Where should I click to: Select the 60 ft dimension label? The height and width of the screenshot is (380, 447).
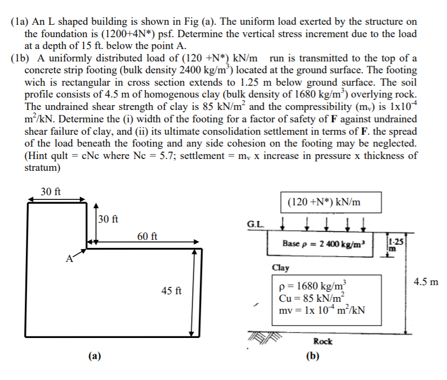tap(146, 236)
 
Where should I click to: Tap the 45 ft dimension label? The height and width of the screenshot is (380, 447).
tap(171, 291)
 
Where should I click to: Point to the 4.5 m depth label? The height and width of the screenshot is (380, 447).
tap(426, 281)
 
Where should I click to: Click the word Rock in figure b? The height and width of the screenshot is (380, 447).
tap(323, 341)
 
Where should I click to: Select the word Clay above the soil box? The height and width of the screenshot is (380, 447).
tap(281, 267)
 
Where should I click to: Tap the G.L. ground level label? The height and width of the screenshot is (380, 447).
tap(255, 224)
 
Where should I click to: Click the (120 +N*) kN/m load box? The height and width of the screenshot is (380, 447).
tap(332, 203)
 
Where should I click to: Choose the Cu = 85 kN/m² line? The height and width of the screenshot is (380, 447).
tap(314, 299)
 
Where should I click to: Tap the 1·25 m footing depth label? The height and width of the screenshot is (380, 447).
tap(396, 244)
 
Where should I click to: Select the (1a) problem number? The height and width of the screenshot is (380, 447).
tap(20, 22)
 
